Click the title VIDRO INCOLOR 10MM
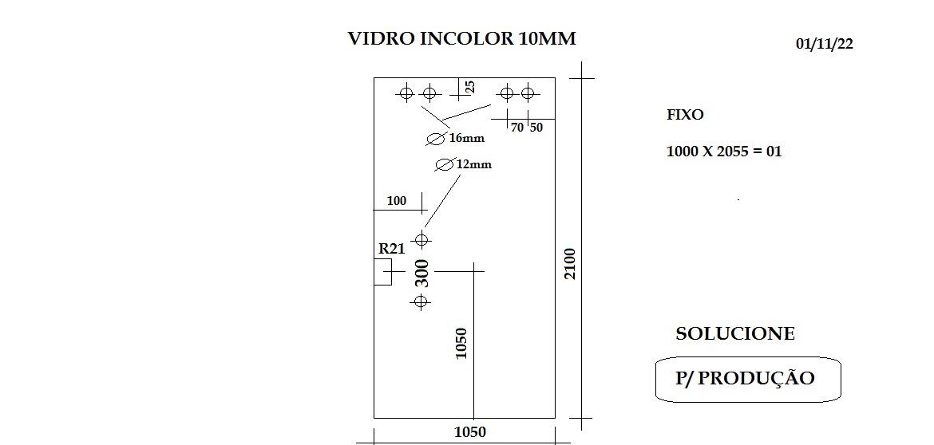(461, 38)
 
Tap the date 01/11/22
(825, 44)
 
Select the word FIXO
(685, 115)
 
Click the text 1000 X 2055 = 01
(724, 151)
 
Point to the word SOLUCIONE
(735, 333)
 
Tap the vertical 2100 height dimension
(570, 264)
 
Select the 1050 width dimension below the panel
(470, 432)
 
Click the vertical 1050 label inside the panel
(461, 343)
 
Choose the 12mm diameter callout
(464, 164)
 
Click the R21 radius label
(391, 249)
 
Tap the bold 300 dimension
(421, 273)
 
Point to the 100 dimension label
(397, 201)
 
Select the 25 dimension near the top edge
(470, 88)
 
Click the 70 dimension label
(517, 127)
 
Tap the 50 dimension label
(536, 127)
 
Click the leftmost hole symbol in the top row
(406, 93)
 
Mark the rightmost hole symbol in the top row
(527, 93)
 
